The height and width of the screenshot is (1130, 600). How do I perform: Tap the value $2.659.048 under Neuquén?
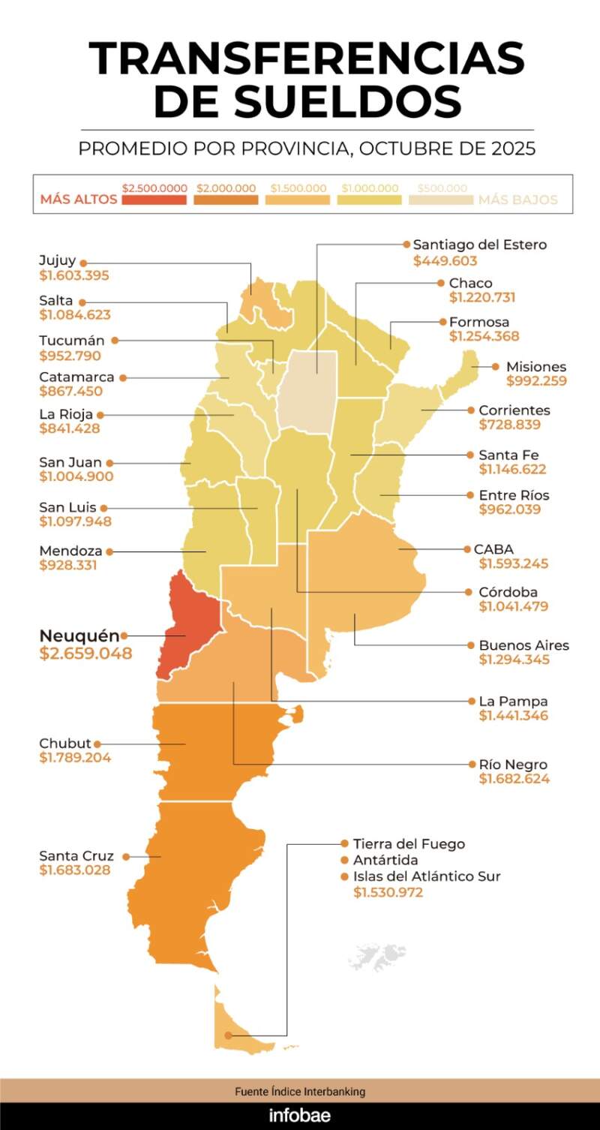point(85,654)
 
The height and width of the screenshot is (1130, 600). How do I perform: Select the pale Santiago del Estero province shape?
point(307,390)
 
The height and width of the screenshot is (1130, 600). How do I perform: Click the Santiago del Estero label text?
point(480,245)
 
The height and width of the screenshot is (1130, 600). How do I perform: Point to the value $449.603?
point(445,261)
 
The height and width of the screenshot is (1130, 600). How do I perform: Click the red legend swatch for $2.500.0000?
point(154,200)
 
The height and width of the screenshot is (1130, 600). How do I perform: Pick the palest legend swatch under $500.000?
point(441,200)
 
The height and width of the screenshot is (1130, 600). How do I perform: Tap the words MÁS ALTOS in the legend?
point(79,200)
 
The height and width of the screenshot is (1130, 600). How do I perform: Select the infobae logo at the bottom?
point(300,1115)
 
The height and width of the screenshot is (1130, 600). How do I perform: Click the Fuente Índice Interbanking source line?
point(300,1092)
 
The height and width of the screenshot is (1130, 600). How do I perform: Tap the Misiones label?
point(535,367)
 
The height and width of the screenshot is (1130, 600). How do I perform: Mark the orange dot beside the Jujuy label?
point(83,263)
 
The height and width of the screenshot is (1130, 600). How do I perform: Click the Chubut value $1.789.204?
point(75,758)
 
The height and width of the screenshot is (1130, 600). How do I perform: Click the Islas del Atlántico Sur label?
point(427,876)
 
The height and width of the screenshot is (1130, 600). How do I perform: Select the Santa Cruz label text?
point(76,856)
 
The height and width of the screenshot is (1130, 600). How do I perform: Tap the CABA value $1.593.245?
point(514,564)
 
